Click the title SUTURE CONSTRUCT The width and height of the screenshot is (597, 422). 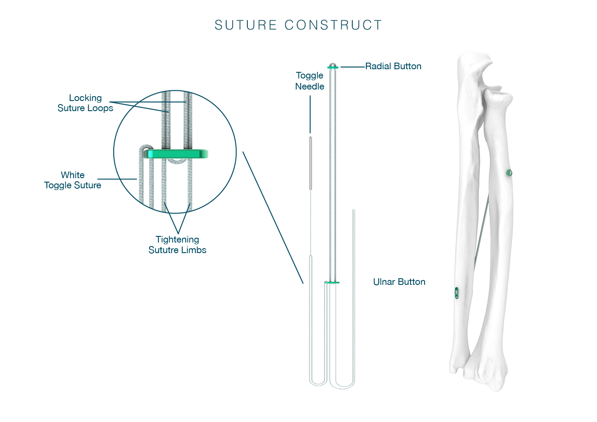tap(298, 25)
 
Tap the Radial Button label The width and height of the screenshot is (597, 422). tap(393, 66)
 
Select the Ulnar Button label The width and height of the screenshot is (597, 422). tap(399, 282)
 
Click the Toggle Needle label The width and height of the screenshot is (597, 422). tap(310, 81)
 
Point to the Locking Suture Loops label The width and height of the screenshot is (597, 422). tap(85, 103)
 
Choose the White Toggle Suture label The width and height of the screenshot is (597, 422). tap(73, 180)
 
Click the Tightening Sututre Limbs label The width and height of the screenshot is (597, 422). tap(177, 245)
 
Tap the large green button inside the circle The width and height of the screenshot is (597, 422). tap(176, 154)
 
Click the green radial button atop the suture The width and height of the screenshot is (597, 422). tap(333, 67)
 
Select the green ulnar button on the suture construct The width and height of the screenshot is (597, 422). tap(332, 282)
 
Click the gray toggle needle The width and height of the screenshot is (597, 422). tap(310, 163)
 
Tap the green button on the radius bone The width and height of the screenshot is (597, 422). tap(509, 172)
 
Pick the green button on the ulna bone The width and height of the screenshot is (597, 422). tap(457, 293)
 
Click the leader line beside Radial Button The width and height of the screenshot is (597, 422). tap(352, 67)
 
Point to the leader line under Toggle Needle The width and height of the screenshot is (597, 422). tap(310, 114)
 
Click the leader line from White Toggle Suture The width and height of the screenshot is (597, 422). tap(117, 179)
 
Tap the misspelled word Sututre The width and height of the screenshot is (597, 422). tap(163, 250)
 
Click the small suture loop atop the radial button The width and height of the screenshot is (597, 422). tap(332, 63)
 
